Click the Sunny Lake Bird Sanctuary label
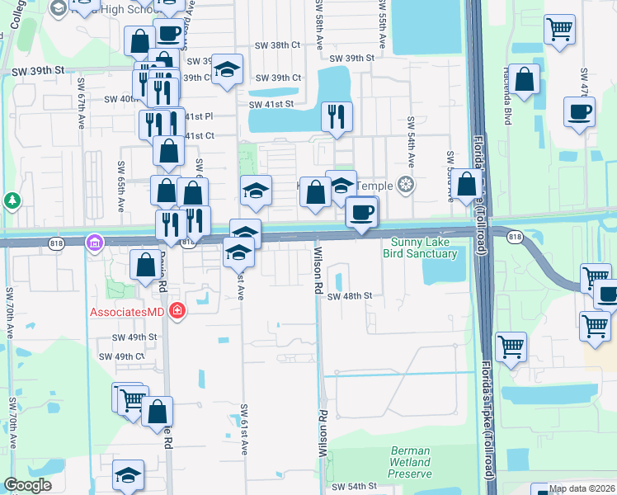420,247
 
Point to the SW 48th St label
350,295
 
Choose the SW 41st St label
272,104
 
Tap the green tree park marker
12,200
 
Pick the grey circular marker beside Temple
405,184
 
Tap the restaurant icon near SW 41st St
337,116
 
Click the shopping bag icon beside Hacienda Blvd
525,79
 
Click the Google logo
28,485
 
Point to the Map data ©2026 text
582,488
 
